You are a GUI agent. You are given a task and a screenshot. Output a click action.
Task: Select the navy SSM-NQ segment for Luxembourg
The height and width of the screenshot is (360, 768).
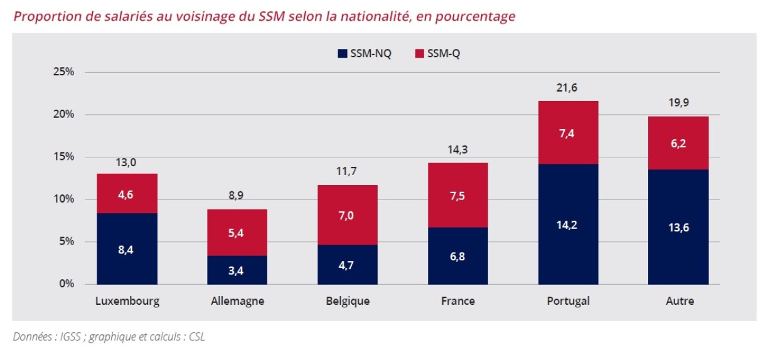127,248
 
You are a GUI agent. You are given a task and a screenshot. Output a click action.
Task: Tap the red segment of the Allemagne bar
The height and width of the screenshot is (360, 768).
237,232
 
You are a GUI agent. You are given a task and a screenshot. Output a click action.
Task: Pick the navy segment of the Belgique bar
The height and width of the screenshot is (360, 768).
348,264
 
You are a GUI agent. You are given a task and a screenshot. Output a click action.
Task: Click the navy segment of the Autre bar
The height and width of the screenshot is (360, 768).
678,226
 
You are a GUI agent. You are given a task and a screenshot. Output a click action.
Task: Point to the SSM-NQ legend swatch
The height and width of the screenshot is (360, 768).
342,54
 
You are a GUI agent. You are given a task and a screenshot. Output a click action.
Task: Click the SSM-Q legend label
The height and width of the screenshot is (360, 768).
444,54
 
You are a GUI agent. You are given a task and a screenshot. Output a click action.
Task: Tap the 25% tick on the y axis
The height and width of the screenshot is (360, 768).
63,72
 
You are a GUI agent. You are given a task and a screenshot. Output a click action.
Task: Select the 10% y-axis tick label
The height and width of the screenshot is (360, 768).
63,199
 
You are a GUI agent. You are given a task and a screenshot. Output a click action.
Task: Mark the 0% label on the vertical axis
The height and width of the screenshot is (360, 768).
66,284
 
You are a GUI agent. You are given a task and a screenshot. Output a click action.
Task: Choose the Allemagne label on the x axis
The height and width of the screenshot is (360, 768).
237,301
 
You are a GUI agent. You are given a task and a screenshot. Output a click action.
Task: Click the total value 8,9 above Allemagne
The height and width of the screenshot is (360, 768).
237,196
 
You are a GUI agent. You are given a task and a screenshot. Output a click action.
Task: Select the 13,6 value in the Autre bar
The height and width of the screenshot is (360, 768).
678,228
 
